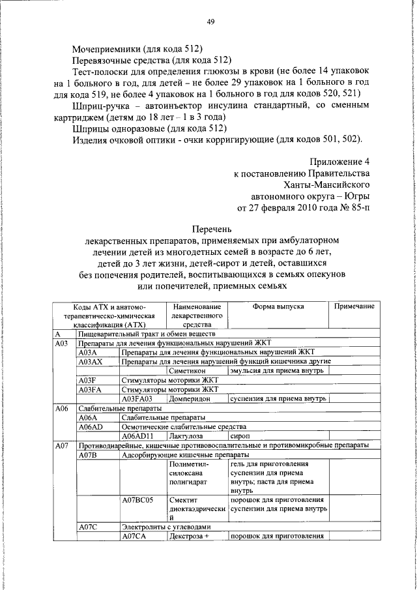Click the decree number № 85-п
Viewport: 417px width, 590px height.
352,208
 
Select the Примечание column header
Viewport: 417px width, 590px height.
354,306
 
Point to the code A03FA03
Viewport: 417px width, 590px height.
139,398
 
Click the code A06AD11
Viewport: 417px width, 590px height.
139,435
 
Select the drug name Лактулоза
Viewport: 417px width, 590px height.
186,435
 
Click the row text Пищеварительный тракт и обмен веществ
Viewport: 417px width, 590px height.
151,334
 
